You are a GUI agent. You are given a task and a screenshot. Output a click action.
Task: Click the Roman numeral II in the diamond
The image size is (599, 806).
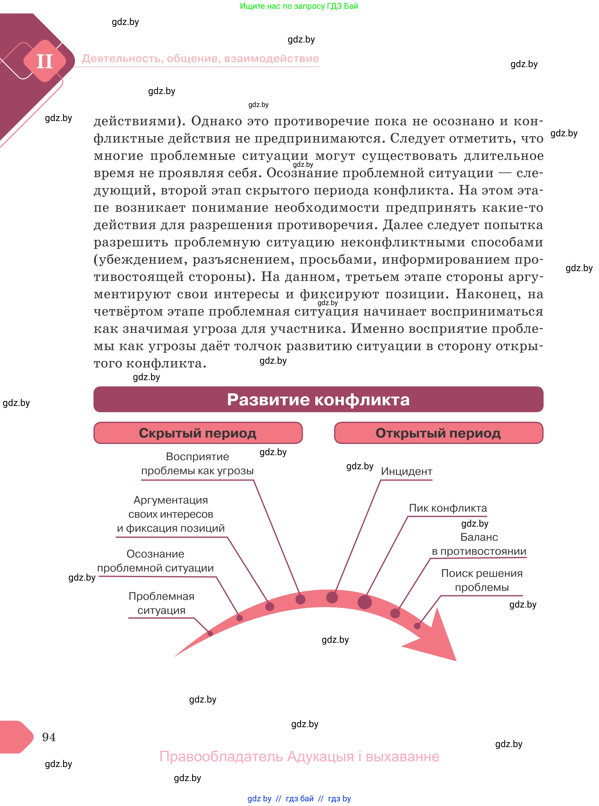click(x=45, y=61)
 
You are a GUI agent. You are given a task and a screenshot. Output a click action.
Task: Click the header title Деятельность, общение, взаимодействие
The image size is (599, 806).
click(x=200, y=58)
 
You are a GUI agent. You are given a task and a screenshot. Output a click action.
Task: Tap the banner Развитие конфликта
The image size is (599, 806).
click(x=318, y=399)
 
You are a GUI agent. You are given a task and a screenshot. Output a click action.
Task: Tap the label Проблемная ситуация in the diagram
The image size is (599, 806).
click(x=161, y=603)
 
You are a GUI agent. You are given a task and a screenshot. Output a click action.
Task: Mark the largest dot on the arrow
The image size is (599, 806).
click(x=364, y=602)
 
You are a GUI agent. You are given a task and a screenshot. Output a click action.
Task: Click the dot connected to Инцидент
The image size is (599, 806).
click(x=332, y=597)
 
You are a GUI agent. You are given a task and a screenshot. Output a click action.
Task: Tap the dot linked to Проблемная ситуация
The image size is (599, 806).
click(x=210, y=633)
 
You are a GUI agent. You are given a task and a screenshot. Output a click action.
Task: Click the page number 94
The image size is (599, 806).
click(x=49, y=737)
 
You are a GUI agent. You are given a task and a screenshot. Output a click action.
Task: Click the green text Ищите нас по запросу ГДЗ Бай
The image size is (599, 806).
click(x=299, y=6)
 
